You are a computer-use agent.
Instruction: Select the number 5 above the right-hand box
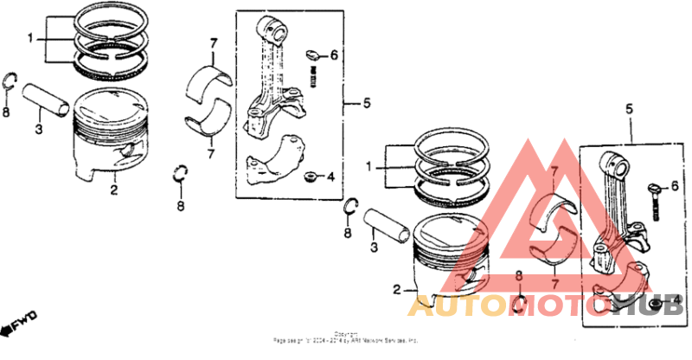[x=630, y=111]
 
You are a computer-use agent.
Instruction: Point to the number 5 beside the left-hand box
[x=366, y=104]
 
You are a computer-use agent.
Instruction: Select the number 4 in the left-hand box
[x=330, y=178]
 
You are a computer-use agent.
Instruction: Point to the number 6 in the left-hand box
[x=333, y=56]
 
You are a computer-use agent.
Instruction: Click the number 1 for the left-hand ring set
[x=30, y=39]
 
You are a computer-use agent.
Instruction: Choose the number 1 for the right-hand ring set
[x=369, y=164]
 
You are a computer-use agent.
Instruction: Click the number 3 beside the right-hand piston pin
[x=374, y=247]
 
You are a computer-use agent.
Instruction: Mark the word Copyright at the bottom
[x=346, y=333]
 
